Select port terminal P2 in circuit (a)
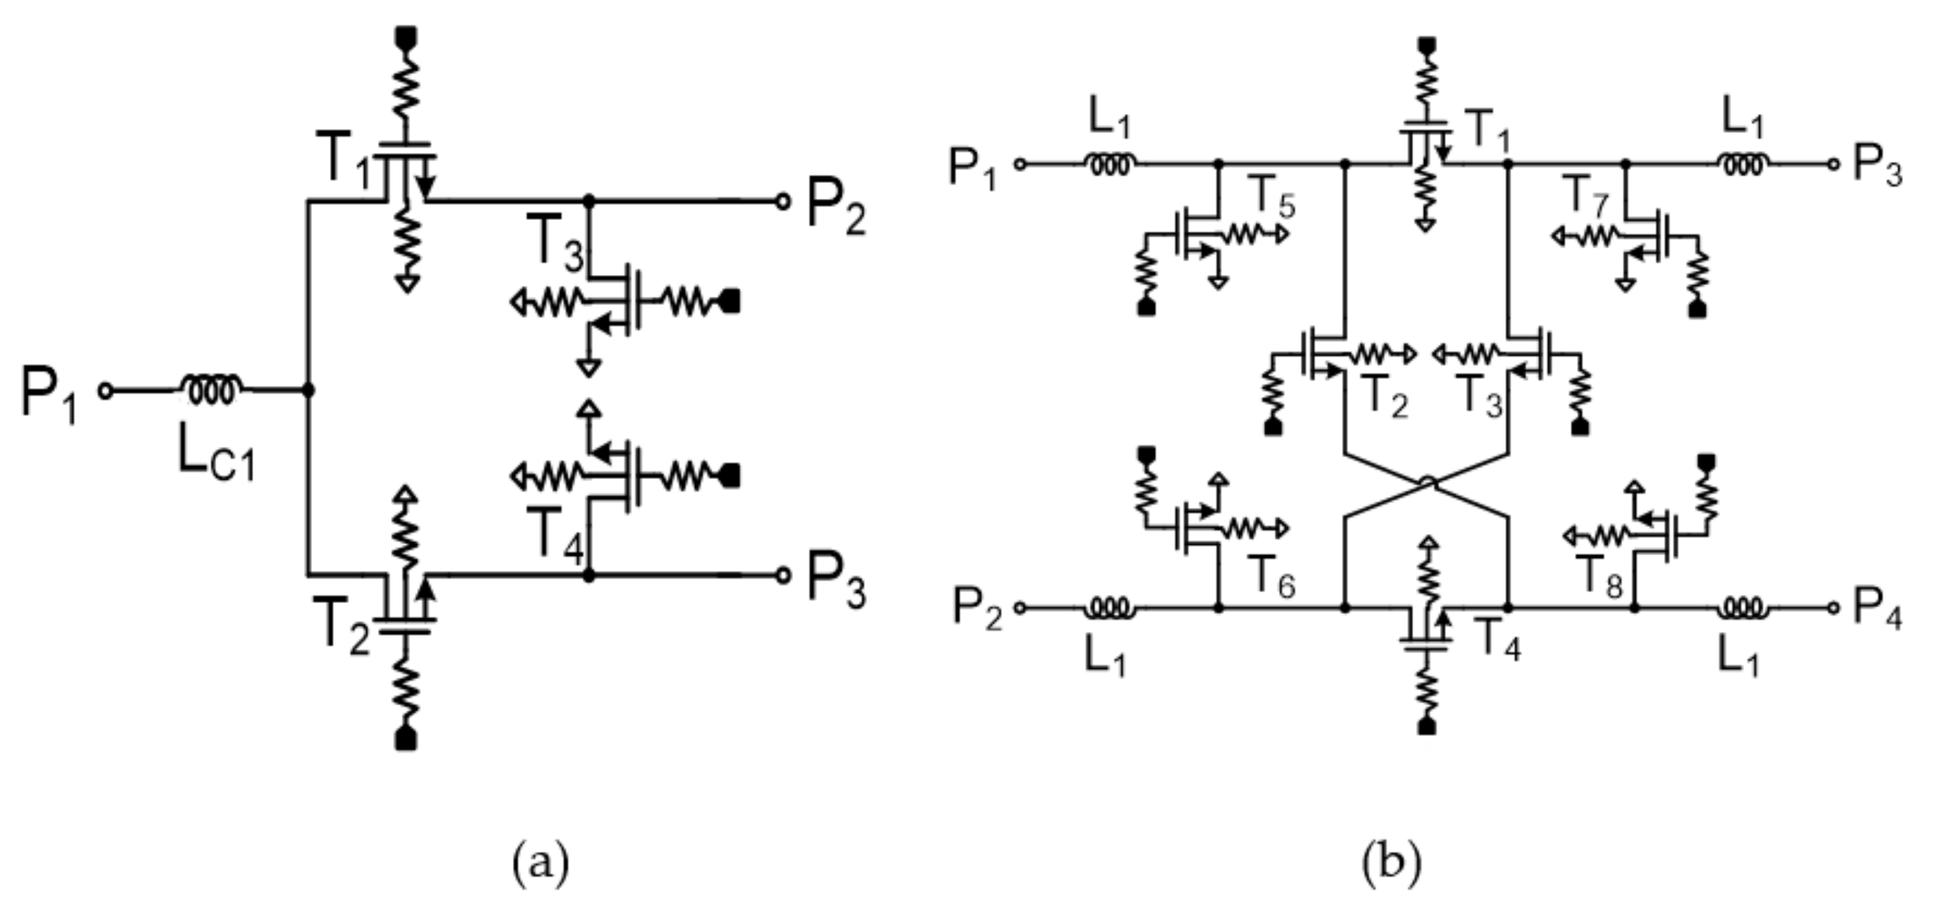pos(783,201)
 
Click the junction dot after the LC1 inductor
pos(308,390)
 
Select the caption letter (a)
pos(540,860)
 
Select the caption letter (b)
pos(1391,860)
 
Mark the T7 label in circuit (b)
pos(1588,196)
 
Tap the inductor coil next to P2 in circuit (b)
pos(1109,607)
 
